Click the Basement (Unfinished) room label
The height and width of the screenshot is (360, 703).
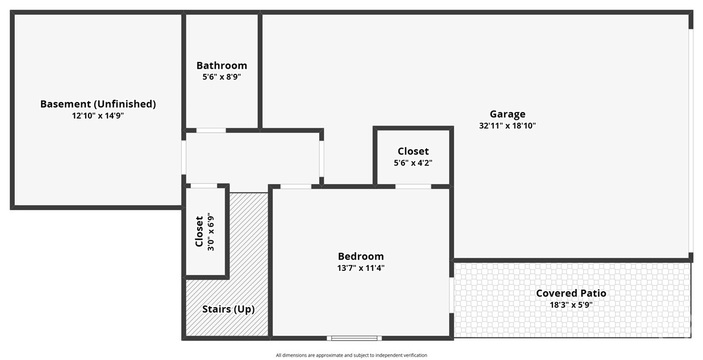coord(98,104)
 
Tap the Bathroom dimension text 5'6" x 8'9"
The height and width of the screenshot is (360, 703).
coord(221,77)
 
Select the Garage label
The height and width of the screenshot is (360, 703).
coord(508,114)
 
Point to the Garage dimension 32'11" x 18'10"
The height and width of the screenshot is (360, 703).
coord(508,126)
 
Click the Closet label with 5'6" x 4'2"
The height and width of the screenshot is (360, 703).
coord(413,151)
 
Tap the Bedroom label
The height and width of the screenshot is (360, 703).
coord(361,257)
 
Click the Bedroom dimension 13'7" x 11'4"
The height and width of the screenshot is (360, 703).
coord(361,268)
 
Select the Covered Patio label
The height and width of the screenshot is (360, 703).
coord(571,293)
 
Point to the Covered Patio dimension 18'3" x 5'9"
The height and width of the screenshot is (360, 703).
coord(571,305)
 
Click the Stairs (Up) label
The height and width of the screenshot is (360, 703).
coord(228,309)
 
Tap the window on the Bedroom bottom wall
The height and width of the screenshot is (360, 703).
coord(354,338)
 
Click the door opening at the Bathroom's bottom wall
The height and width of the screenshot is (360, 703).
coord(211,130)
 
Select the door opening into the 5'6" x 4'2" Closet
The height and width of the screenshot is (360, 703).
coord(413,186)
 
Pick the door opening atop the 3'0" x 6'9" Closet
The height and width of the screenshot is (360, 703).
coord(204,186)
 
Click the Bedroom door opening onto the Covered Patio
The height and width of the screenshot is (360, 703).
coord(451,295)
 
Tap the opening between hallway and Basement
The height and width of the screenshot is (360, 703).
coord(183,157)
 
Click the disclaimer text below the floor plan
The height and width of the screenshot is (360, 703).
coord(351,355)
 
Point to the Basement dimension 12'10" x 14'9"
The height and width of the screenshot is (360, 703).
coord(98,116)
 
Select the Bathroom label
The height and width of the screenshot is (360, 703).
coord(221,66)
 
